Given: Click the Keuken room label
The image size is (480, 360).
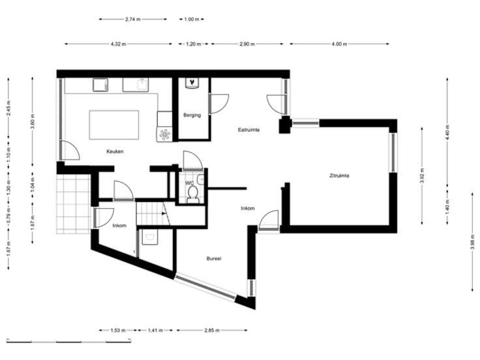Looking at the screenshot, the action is pyautogui.click(x=115, y=151).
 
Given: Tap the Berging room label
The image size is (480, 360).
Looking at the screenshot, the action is pyautogui.click(x=192, y=115).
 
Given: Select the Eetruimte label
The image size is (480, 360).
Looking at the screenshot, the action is pyautogui.click(x=249, y=130).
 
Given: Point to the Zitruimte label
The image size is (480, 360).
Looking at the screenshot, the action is pyautogui.click(x=339, y=175).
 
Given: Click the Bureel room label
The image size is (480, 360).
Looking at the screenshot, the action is pyautogui.click(x=214, y=259).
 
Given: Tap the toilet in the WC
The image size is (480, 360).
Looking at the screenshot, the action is pyautogui.click(x=193, y=195).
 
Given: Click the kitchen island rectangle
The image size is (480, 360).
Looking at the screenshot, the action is pyautogui.click(x=114, y=125).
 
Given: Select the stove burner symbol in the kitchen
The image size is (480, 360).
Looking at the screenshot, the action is pyautogui.click(x=165, y=134).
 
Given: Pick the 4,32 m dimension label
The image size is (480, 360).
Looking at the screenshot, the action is pyautogui.click(x=118, y=44).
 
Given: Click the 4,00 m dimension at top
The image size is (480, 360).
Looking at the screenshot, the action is pyautogui.click(x=339, y=44).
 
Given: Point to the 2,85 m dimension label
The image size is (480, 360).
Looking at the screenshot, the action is pyautogui.click(x=212, y=330).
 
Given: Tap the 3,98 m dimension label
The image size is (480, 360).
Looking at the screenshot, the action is pyautogui.click(x=472, y=242).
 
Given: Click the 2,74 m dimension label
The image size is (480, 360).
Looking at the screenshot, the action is pyautogui.click(x=133, y=20).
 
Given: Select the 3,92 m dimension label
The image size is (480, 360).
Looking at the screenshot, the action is pyautogui.click(x=422, y=175).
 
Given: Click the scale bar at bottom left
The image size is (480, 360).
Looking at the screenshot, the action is pyautogui.click(x=69, y=340).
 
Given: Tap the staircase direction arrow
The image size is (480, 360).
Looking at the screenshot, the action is pyautogui.click(x=164, y=213).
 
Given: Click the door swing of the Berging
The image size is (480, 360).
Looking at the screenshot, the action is pyautogui.click(x=219, y=104).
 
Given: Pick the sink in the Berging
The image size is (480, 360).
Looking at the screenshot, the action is pyautogui.click(x=192, y=83).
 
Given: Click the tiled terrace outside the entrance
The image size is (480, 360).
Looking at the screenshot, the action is pyautogui.click(x=74, y=204).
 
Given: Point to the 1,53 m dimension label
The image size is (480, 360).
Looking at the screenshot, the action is pyautogui.click(x=118, y=330).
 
